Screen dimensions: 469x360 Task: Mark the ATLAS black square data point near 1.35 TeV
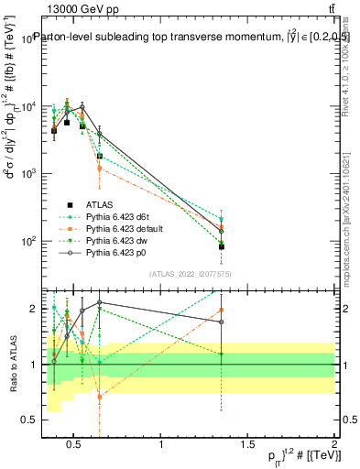(x=222, y=246)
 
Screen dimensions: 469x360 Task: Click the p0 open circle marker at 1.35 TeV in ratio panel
(x=222, y=322)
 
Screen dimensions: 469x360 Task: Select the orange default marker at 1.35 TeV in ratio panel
(x=222, y=310)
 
